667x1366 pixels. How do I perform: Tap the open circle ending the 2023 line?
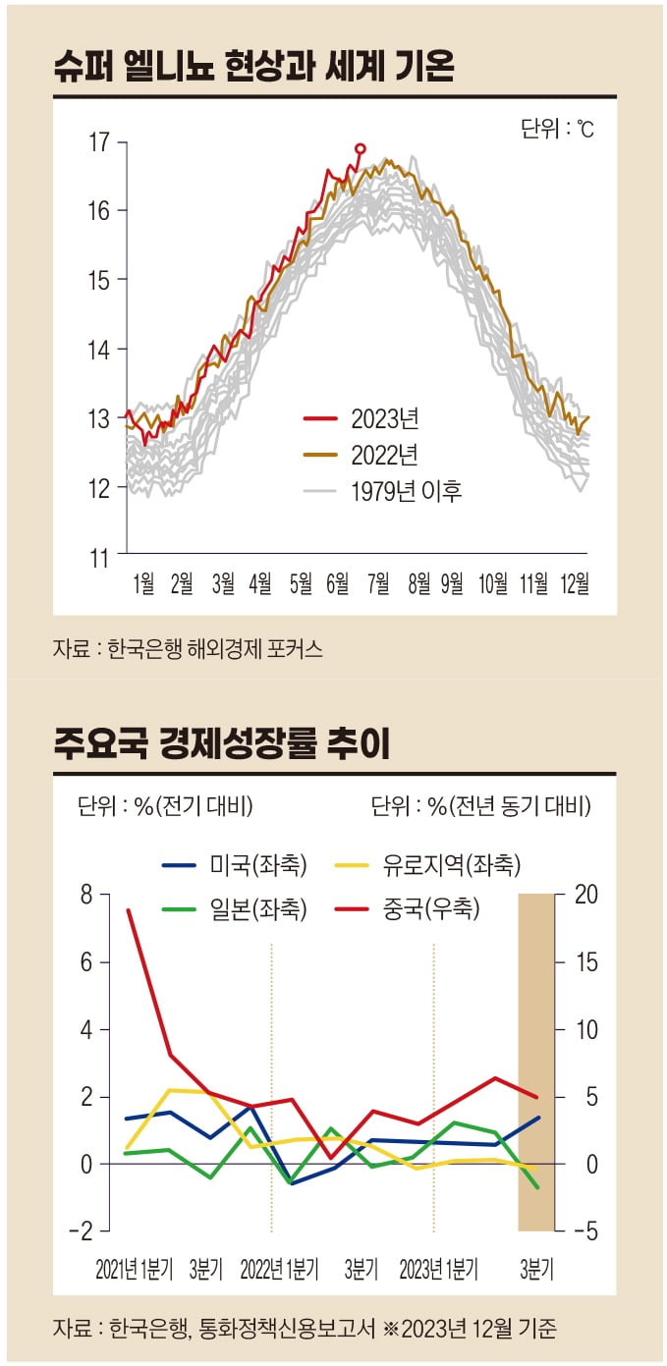(x=360, y=148)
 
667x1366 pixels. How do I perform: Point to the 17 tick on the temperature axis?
(x=99, y=142)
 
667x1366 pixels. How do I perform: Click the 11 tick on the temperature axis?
(x=99, y=558)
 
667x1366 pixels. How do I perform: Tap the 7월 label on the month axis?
(x=377, y=583)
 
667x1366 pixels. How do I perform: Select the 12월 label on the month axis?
(x=574, y=583)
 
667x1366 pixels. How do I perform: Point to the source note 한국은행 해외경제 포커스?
(x=188, y=649)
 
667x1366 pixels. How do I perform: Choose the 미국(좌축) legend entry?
(x=235, y=865)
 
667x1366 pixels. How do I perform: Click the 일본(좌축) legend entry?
(x=235, y=909)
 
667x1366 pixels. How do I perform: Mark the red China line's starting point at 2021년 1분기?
(x=128, y=910)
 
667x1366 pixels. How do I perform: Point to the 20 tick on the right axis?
(x=585, y=895)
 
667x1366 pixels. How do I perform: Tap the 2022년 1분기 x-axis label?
(x=279, y=1269)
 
